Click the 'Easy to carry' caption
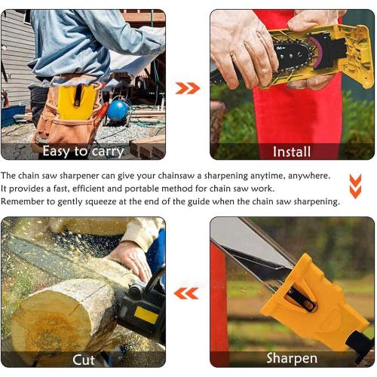point(83,151)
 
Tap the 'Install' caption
point(291,151)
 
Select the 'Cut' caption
point(83,359)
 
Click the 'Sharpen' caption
point(291,359)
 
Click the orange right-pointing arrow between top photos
point(188,88)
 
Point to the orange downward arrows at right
point(355,185)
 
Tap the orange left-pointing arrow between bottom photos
point(187,293)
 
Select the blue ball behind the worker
point(118,111)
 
